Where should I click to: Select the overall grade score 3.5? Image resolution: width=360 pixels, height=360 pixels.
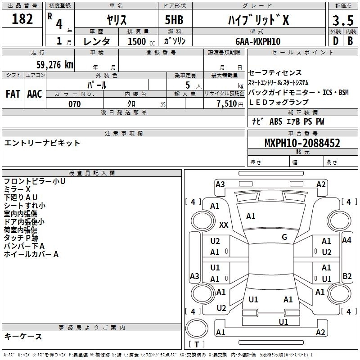(x=342, y=21)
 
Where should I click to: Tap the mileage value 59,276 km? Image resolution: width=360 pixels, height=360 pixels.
(x=49, y=64)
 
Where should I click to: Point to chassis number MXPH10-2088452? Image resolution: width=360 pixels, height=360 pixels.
(x=302, y=144)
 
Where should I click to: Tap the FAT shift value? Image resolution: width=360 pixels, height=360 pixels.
(x=13, y=94)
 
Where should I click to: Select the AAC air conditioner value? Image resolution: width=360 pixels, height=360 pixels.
(x=35, y=94)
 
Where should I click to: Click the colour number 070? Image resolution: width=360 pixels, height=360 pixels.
(x=74, y=104)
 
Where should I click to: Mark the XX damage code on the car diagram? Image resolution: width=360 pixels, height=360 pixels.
(x=224, y=225)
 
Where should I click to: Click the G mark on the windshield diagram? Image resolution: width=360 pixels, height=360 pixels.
(x=284, y=237)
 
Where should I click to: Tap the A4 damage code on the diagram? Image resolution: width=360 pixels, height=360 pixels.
(x=346, y=240)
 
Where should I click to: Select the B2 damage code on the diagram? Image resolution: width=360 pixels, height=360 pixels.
(x=347, y=276)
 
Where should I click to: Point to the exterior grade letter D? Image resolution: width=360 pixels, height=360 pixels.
(x=335, y=41)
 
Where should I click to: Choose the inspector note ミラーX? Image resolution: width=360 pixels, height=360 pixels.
(x=17, y=189)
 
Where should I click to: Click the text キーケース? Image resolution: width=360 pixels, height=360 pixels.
(x=23, y=336)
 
